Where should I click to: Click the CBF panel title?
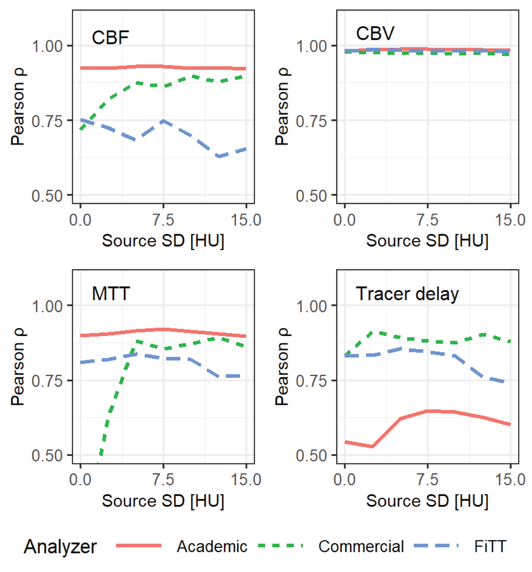pyautogui.click(x=110, y=37)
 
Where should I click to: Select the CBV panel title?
pyautogui.click(x=375, y=33)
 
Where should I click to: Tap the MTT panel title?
pyautogui.click(x=111, y=293)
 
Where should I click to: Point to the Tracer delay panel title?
pyautogui.click(x=407, y=294)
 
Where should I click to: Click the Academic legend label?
pyautogui.click(x=212, y=546)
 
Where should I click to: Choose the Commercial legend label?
pyautogui.click(x=361, y=546)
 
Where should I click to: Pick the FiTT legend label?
pyautogui.click(x=490, y=546)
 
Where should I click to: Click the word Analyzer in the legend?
pyautogui.click(x=60, y=546)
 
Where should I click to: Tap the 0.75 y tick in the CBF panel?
pyautogui.click(x=47, y=121)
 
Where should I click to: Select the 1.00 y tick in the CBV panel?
pyautogui.click(x=311, y=46)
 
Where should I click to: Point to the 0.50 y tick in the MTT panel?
pyautogui.click(x=47, y=456)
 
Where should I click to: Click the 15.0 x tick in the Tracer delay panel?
pyautogui.click(x=510, y=480)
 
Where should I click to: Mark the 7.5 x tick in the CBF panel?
pyautogui.click(x=163, y=220)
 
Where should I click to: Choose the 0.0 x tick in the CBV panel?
pyautogui.click(x=344, y=220)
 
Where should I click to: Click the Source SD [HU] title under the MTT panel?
pyautogui.click(x=163, y=501)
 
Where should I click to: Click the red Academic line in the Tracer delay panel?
pyautogui.click(x=427, y=411)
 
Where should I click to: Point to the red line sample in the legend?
pyautogui.click(x=139, y=546)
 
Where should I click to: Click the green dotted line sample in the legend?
pyautogui.click(x=280, y=546)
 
